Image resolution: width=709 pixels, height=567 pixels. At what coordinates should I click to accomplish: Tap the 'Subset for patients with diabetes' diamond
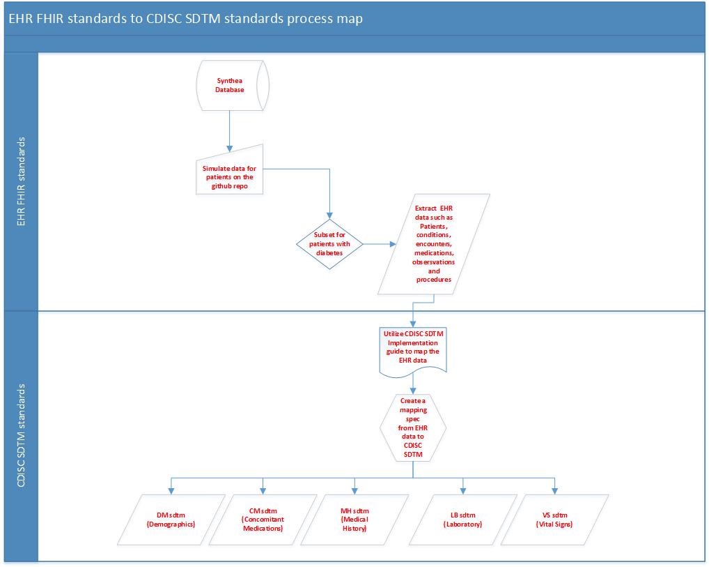point(329,244)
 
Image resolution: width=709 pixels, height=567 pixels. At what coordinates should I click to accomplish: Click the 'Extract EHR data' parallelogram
point(434,243)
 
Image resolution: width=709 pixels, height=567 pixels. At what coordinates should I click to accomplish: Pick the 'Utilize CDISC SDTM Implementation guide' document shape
point(413,351)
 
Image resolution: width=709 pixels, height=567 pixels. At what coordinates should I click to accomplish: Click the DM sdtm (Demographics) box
point(171,519)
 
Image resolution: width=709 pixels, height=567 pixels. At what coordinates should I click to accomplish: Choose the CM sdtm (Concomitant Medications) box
point(263,519)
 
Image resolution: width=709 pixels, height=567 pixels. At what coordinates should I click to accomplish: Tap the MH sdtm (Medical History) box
point(354,519)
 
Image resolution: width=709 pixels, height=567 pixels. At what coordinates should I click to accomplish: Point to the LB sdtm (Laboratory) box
point(462,519)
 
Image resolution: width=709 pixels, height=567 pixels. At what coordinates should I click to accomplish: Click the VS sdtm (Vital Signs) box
point(554,519)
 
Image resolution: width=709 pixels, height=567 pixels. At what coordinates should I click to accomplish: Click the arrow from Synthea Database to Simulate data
point(229,128)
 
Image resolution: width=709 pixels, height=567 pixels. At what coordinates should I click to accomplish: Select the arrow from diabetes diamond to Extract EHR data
point(380,244)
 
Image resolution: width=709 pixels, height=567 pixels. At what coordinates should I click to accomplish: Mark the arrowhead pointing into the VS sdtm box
point(554,491)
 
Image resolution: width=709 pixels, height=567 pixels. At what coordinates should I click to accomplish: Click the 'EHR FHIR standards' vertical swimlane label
point(21,181)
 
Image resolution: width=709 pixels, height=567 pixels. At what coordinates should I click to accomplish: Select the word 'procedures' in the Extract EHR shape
point(434,280)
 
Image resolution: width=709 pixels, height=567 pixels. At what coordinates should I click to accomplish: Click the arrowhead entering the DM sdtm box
point(171,491)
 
